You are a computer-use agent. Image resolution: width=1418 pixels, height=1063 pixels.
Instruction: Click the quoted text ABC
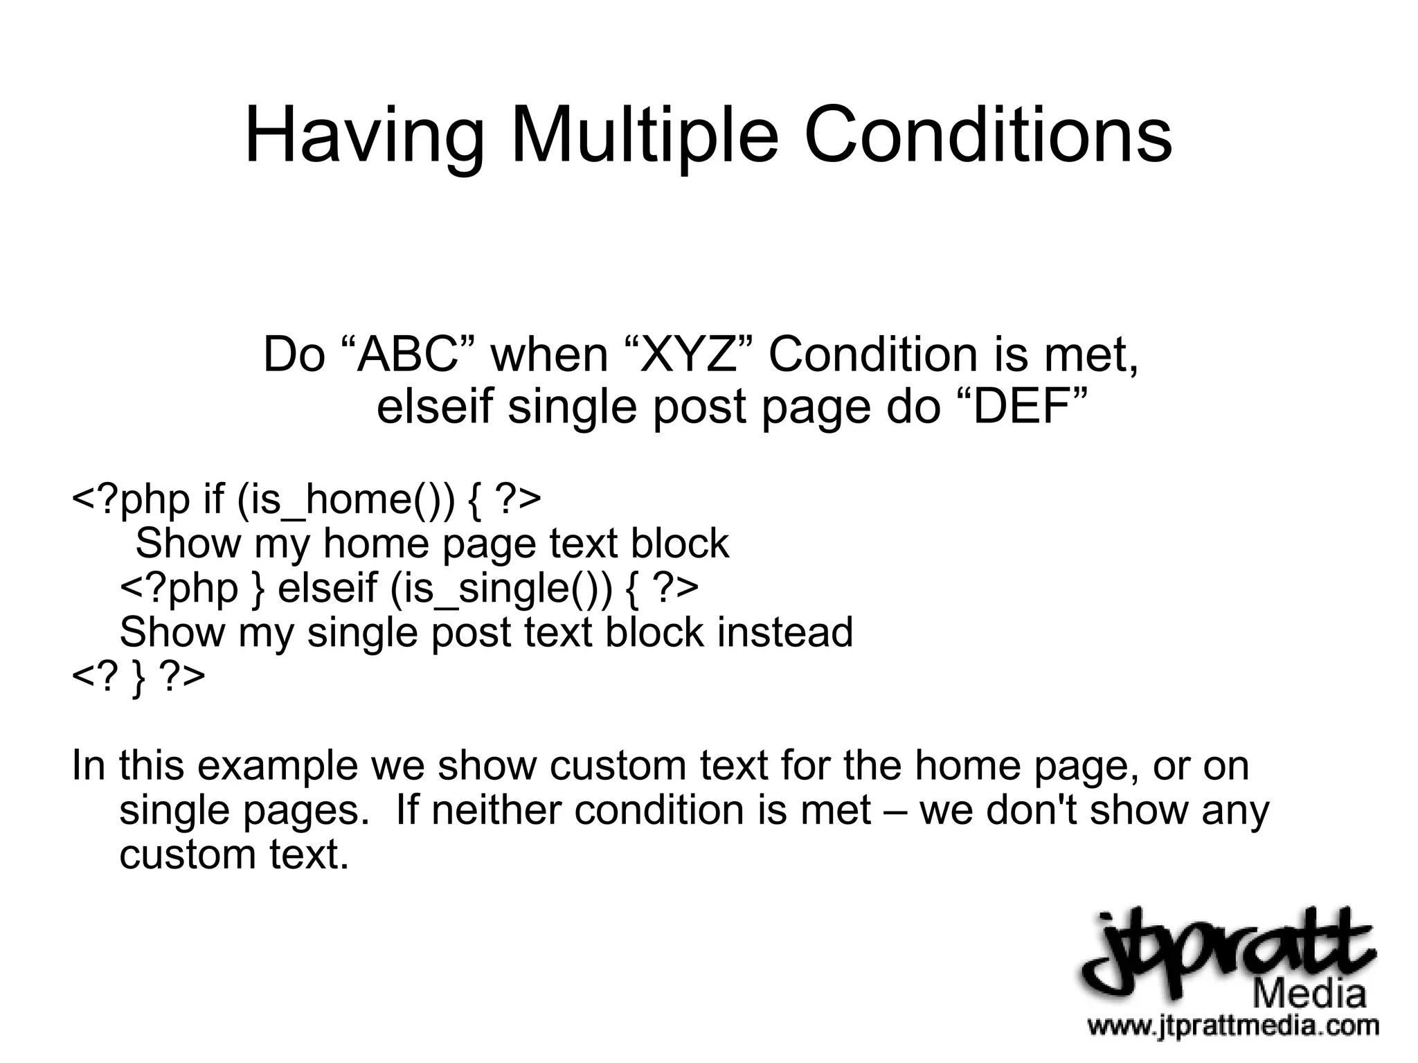pos(409,355)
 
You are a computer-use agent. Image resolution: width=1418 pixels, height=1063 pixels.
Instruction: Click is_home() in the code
pos(346,499)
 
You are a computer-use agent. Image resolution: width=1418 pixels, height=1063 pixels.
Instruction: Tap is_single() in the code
pos(501,588)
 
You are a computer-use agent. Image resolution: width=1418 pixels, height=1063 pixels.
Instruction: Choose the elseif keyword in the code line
pos(327,588)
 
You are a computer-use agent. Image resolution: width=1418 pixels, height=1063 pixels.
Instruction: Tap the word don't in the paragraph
pos(1031,810)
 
